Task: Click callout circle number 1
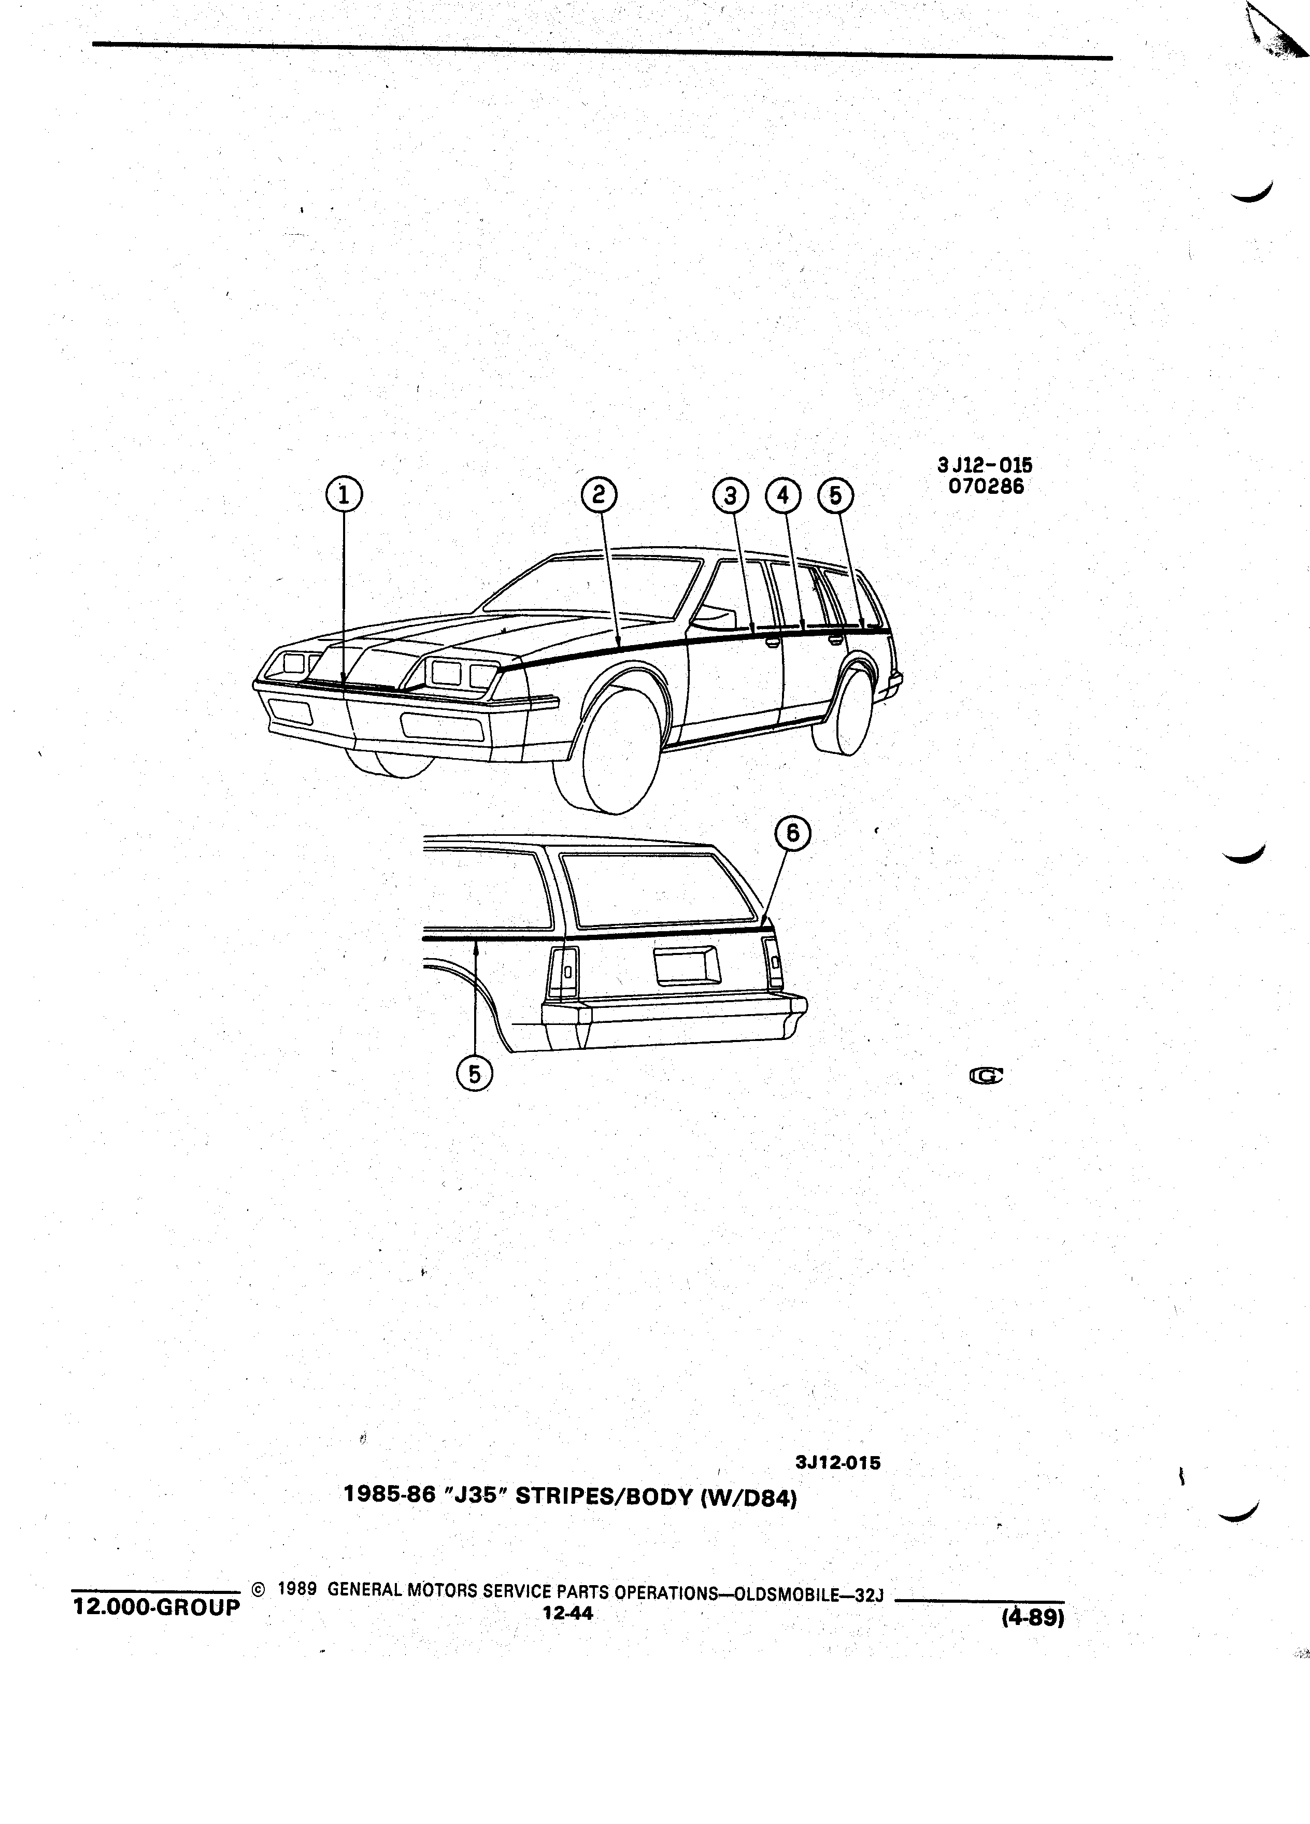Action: (x=344, y=495)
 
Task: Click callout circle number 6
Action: (x=793, y=834)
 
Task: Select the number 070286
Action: (x=986, y=487)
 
